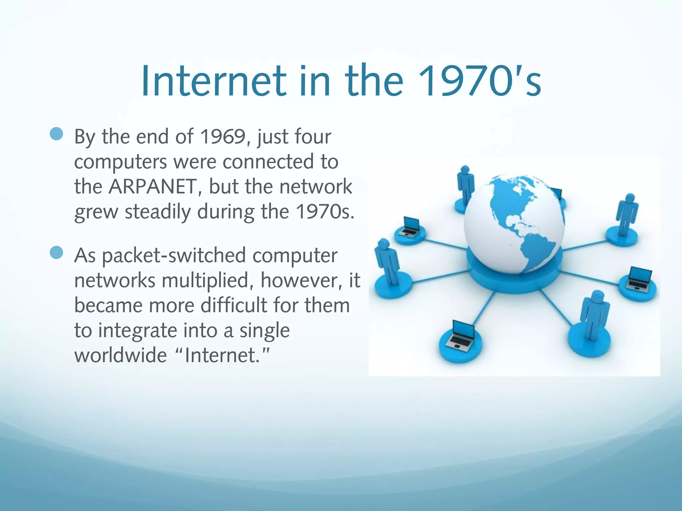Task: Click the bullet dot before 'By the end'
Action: pos(57,134)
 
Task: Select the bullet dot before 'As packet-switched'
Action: pos(57,253)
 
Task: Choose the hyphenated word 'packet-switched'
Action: pos(173,255)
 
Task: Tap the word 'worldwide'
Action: pos(120,355)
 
